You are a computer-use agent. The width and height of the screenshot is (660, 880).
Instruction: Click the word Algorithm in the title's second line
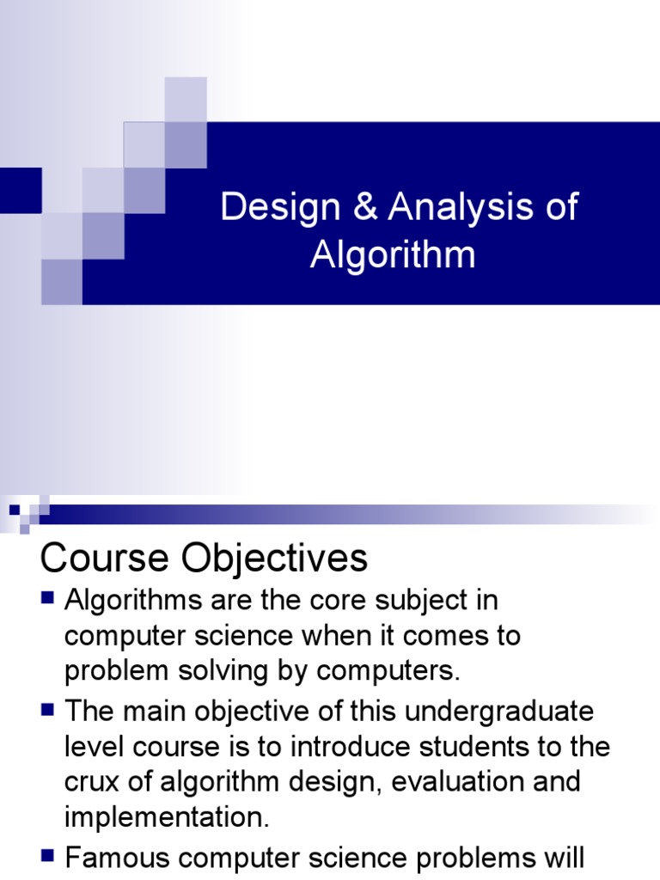392,254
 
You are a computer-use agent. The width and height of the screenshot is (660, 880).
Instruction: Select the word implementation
168,817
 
